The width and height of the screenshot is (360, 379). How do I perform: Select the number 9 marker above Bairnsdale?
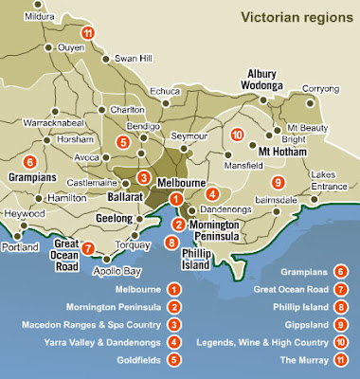[277, 183]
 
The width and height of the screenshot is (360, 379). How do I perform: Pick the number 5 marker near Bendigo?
[122, 141]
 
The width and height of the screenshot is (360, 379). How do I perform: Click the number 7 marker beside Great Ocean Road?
[87, 249]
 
